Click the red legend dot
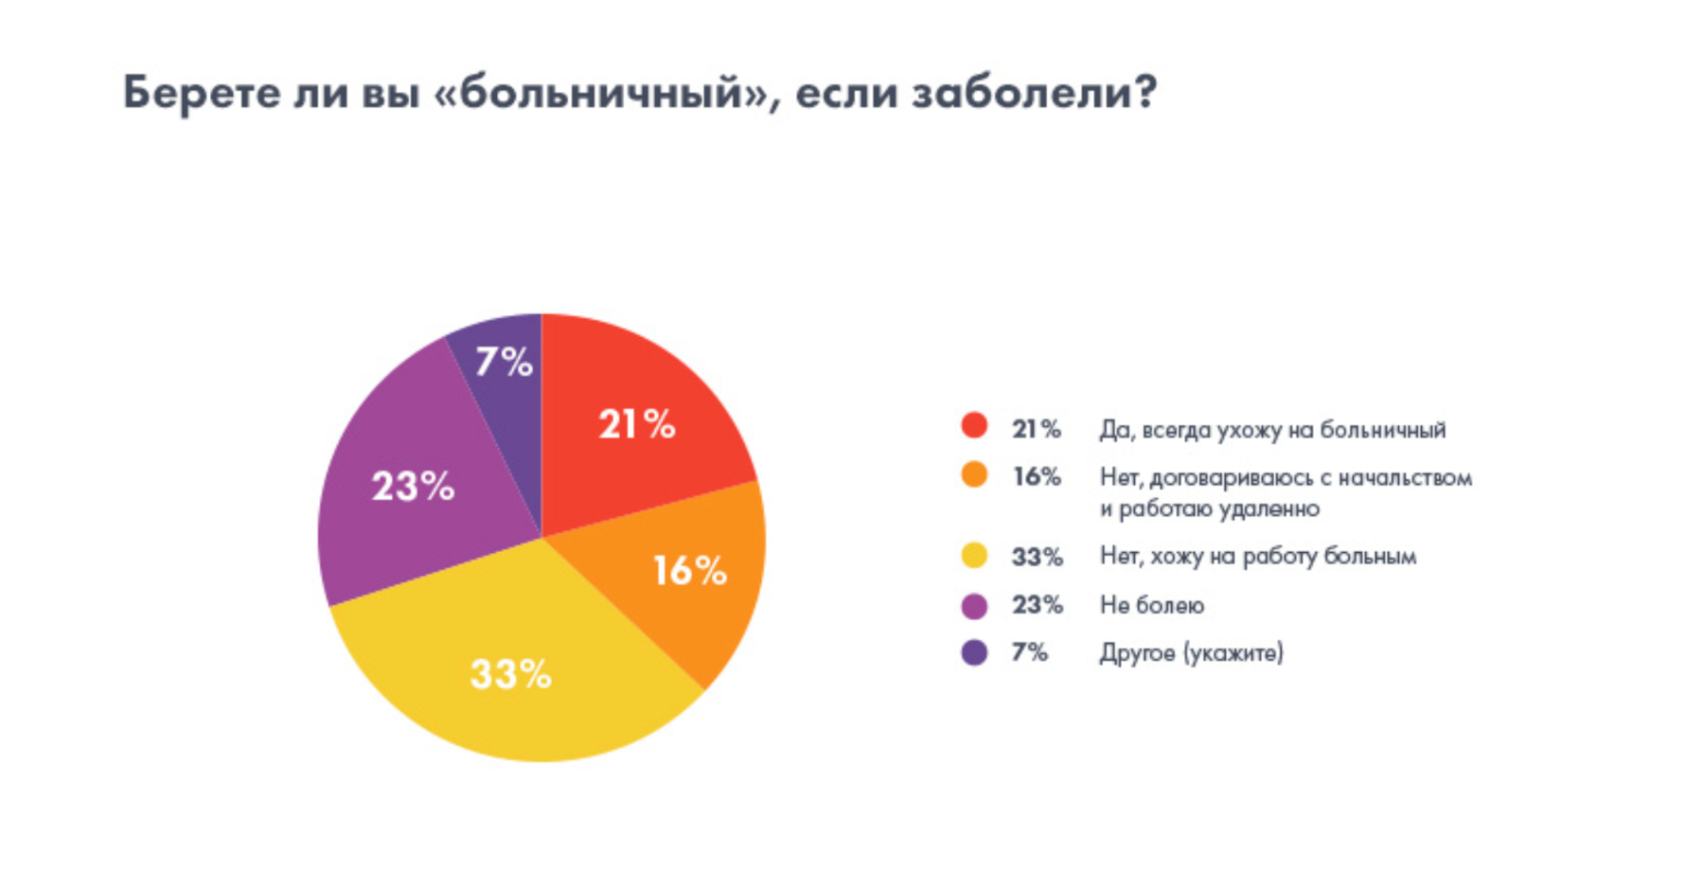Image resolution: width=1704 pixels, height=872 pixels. (974, 426)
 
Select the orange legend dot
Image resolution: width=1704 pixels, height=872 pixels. (974, 474)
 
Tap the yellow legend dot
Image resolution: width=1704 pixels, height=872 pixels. (974, 556)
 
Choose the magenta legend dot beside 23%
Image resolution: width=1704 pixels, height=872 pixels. (974, 605)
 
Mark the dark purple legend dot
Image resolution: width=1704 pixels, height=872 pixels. (974, 652)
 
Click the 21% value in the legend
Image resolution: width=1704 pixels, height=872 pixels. (1036, 430)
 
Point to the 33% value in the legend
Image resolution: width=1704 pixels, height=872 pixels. (1037, 557)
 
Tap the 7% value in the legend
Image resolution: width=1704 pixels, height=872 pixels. (1029, 652)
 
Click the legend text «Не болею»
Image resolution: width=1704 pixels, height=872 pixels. (1151, 605)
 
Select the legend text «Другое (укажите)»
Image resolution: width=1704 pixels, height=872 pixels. (1191, 653)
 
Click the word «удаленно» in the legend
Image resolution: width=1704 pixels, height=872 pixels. (1269, 509)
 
